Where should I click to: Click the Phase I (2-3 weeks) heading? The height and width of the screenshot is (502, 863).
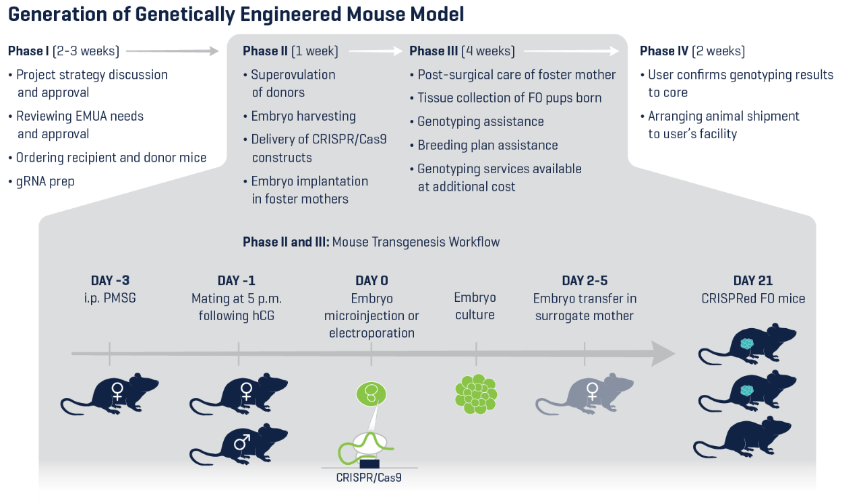pos(63,51)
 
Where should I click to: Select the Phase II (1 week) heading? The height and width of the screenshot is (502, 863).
pos(290,51)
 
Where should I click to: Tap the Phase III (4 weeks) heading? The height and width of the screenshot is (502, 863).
pos(462,51)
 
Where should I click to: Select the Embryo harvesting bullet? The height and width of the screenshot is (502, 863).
pos(303,117)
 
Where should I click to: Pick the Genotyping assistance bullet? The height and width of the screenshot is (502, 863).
pos(480,122)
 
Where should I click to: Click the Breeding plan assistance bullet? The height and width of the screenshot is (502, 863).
pos(487,146)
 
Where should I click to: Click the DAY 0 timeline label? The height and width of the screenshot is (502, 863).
pos(371,281)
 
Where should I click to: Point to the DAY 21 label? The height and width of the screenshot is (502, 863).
pos(753,281)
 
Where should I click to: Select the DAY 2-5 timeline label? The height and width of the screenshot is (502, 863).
pos(584,281)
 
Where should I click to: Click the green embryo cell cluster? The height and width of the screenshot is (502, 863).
pos(476,394)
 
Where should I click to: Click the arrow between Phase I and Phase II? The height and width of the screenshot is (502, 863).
pos(173,51)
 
